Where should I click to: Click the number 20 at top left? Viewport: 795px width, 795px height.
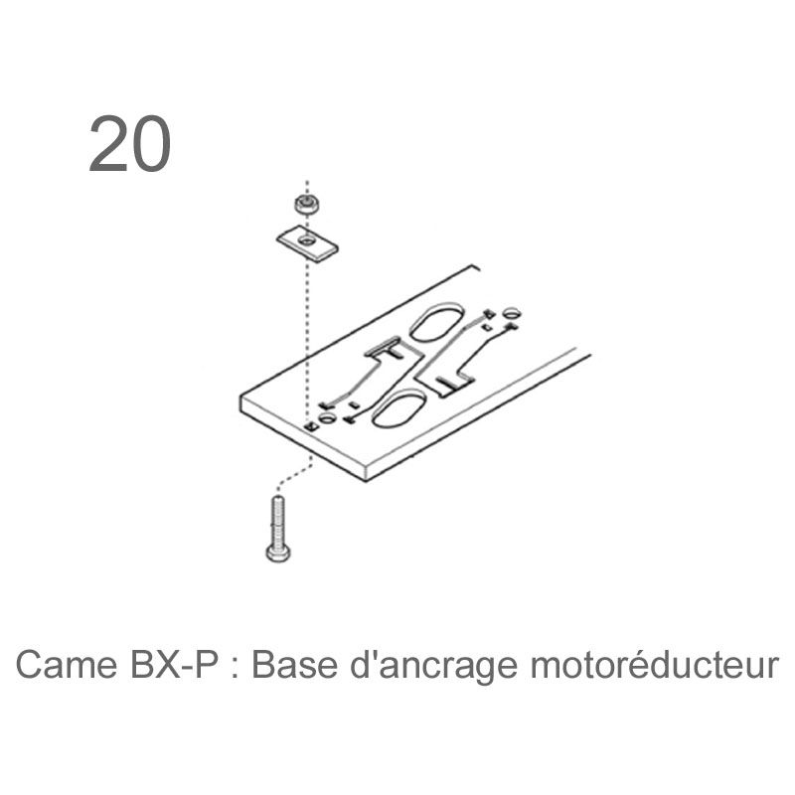click(130, 144)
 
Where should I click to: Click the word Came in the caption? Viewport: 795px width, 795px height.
click(67, 664)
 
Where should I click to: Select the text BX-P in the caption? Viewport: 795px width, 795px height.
click(175, 664)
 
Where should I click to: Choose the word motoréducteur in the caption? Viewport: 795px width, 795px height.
click(655, 664)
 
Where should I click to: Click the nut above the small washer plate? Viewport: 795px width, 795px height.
click(308, 205)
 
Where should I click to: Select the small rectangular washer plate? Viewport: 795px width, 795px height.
click(307, 243)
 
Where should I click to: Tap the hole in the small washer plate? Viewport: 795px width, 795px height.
click(306, 240)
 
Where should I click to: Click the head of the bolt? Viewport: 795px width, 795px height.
click(278, 553)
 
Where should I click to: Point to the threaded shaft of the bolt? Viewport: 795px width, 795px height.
click(278, 520)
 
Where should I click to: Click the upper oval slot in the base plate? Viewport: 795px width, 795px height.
click(436, 321)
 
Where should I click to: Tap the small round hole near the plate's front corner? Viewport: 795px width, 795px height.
click(327, 418)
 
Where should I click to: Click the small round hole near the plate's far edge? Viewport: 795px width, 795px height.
click(512, 312)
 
